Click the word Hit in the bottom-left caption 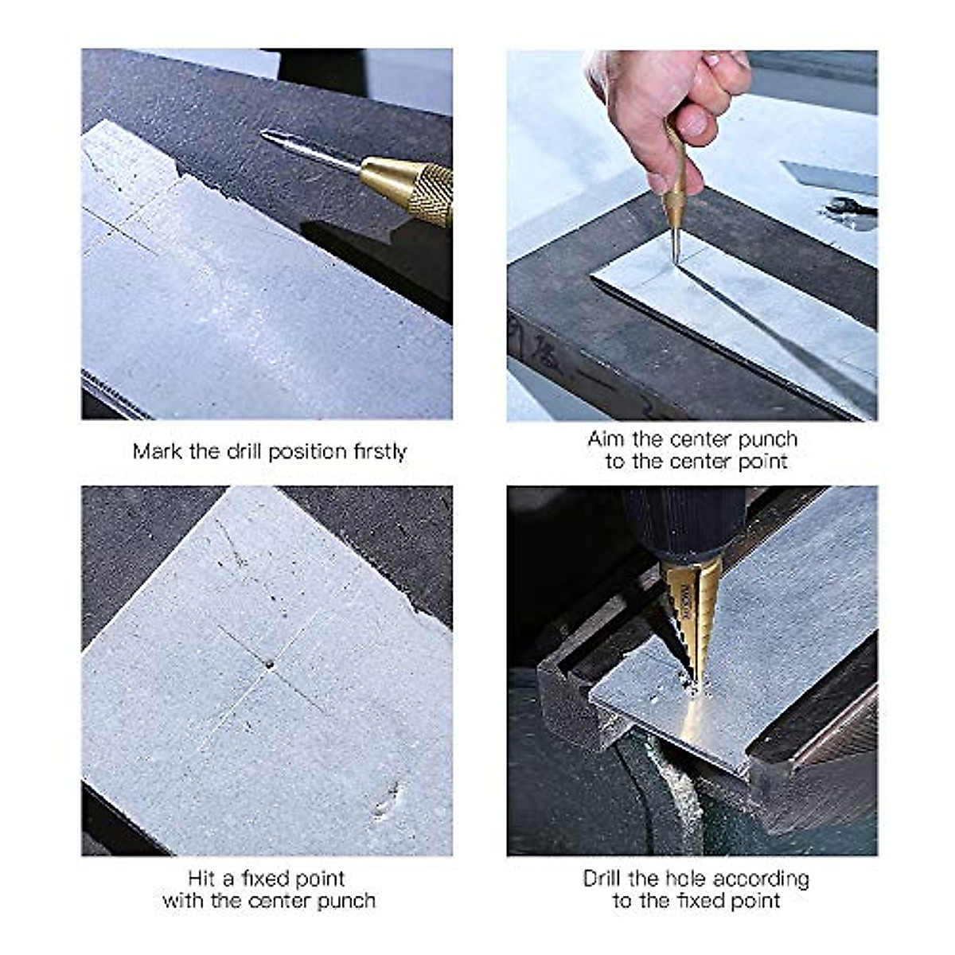click(x=201, y=879)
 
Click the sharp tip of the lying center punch click(x=263, y=134)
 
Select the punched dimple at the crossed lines click(x=270, y=665)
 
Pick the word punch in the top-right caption click(x=768, y=440)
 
